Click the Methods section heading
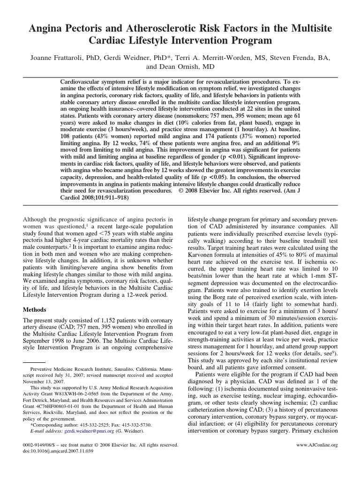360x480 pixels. pyautogui.click(x=37, y=310)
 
